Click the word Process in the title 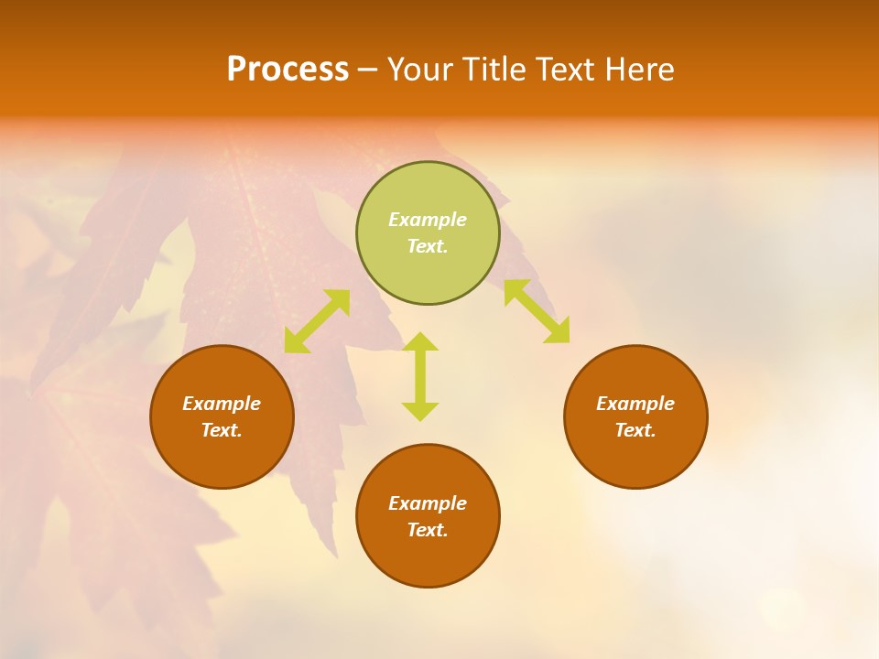coord(288,70)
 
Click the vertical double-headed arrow coord(420,376)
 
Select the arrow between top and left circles coord(317,321)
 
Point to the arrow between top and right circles coord(537,311)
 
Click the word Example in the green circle coord(428,220)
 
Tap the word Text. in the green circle coord(428,246)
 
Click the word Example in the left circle coord(222,404)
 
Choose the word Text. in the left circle coord(222,430)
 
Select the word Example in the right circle coord(635,404)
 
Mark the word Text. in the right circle coord(635,430)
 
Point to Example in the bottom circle coord(428,503)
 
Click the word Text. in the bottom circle coord(428,530)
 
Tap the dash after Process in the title coord(368,70)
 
